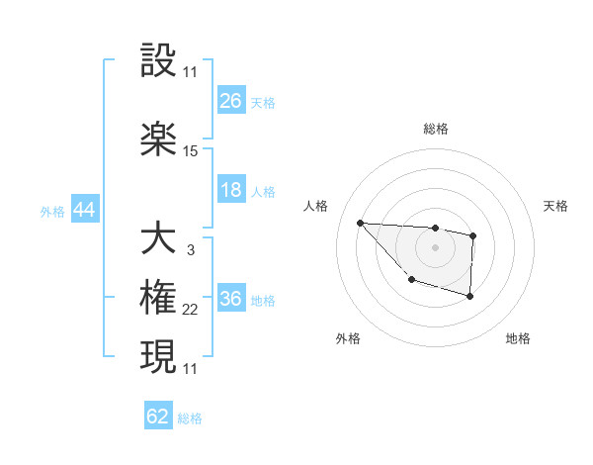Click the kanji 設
(159, 61)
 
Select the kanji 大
(159, 239)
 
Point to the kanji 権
(159, 299)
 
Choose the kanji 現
(159, 356)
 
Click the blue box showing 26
(231, 101)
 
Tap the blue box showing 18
(231, 190)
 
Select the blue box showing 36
(231, 300)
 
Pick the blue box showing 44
(84, 211)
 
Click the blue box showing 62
(158, 417)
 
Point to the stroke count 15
(191, 151)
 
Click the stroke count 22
(191, 311)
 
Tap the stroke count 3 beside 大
(190, 250)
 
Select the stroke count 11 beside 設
(191, 73)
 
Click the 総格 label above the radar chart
(435, 129)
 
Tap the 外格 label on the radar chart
(348, 338)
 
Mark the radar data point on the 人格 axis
(361, 223)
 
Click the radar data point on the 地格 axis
(470, 296)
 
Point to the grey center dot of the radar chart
(435, 246)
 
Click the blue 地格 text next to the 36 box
(263, 301)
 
